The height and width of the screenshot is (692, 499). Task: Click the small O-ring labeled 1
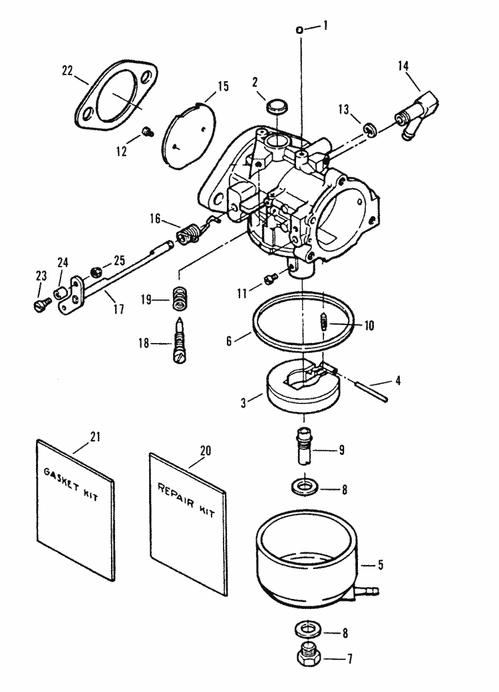(x=299, y=30)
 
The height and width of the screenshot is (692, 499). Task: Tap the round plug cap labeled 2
(x=277, y=106)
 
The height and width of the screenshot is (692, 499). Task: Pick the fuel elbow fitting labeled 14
(x=416, y=116)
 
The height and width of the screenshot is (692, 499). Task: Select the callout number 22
(x=67, y=70)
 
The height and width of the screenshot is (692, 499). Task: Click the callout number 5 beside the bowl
(x=381, y=565)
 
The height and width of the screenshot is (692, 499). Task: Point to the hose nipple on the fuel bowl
(x=370, y=589)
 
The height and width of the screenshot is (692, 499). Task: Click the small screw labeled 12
(x=147, y=131)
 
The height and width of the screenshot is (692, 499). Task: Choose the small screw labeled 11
(x=269, y=279)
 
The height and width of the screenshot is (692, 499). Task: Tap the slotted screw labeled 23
(x=41, y=304)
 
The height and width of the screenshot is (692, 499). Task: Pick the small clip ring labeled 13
(x=370, y=130)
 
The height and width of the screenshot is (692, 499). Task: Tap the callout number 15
(x=224, y=86)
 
